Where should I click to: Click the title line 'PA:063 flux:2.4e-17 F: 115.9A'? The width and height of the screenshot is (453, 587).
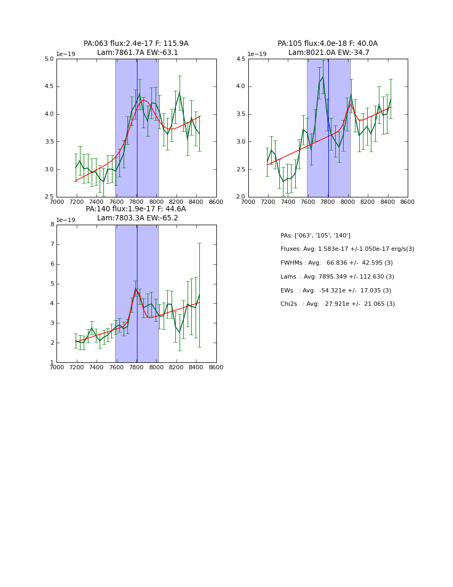pyautogui.click(x=136, y=44)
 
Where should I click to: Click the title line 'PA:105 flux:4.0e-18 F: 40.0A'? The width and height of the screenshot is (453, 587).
pyautogui.click(x=327, y=44)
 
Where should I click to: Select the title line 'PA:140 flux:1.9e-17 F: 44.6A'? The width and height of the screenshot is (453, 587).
pyautogui.click(x=136, y=209)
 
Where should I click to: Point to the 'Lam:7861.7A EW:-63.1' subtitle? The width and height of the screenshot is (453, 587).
pyautogui.click(x=137, y=53)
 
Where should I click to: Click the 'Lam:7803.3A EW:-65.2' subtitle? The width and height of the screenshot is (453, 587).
pyautogui.click(x=137, y=218)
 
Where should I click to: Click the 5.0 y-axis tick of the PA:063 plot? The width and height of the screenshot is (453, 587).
pyautogui.click(x=49, y=59)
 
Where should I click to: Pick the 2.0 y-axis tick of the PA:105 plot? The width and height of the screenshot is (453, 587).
pyautogui.click(x=240, y=197)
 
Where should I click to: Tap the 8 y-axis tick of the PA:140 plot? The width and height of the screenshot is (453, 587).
pyautogui.click(x=52, y=225)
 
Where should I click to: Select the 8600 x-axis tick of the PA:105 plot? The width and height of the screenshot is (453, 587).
pyautogui.click(x=407, y=202)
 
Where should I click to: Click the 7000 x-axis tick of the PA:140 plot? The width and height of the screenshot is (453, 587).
pyautogui.click(x=57, y=367)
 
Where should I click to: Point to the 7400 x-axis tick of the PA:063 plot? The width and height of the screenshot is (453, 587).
pyautogui.click(x=96, y=202)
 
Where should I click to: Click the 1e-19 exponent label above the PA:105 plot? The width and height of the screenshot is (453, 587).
pyautogui.click(x=256, y=54)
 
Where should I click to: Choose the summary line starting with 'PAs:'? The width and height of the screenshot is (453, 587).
pyautogui.click(x=316, y=235)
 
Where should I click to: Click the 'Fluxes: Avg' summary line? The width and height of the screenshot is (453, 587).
pyautogui.click(x=347, y=249)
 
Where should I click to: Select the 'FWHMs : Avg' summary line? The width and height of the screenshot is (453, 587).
pyautogui.click(x=336, y=263)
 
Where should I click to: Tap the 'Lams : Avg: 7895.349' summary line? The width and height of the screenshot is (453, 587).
pyautogui.click(x=337, y=276)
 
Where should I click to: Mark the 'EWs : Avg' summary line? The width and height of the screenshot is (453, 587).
pyautogui.click(x=336, y=290)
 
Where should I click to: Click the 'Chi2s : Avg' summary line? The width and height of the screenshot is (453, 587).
pyautogui.click(x=337, y=304)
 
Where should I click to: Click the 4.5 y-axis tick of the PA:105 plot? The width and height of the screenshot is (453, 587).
pyautogui.click(x=240, y=59)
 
